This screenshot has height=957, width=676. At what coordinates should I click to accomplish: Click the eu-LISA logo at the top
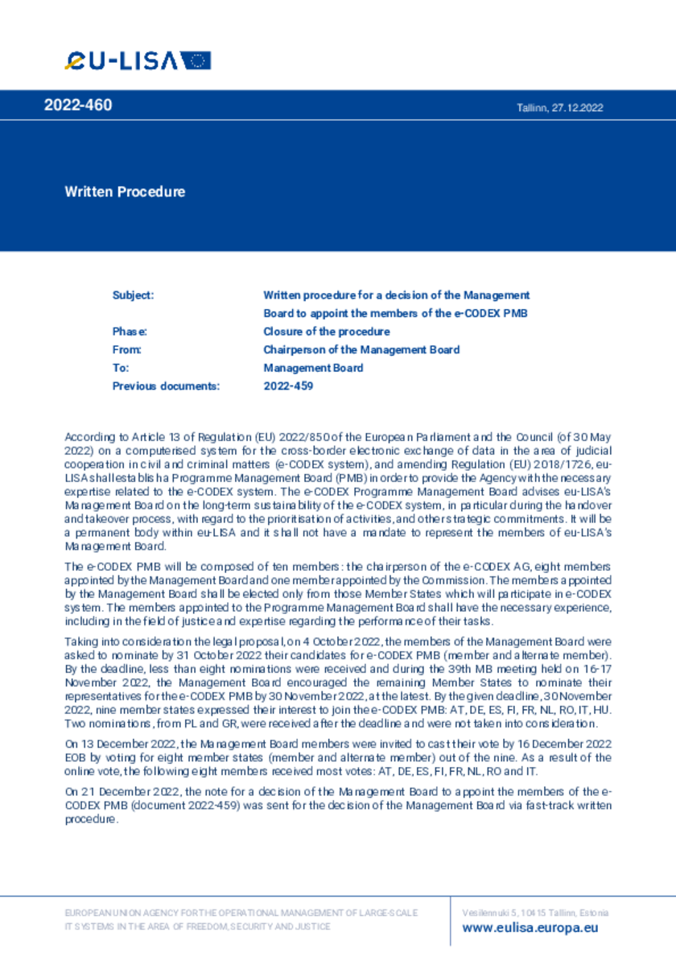coord(138,60)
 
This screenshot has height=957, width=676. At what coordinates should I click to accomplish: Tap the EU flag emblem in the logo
coord(196,60)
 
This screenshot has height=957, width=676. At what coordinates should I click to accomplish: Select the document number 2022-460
coord(78,105)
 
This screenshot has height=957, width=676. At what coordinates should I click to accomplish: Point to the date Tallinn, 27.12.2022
coord(559,108)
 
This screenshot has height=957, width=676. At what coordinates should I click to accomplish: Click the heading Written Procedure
coord(125,192)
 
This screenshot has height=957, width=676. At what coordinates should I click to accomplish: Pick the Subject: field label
coord(133,295)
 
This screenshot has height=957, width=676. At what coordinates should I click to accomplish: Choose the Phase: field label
coord(130,332)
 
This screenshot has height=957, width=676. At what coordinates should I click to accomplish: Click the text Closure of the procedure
coord(326,332)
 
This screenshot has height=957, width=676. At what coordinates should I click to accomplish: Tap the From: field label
coord(127,349)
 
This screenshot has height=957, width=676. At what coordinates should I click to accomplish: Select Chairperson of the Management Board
coord(361,349)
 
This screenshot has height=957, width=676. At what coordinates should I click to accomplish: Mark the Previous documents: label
coord(166,386)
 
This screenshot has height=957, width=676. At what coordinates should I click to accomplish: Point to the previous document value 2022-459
coord(288,386)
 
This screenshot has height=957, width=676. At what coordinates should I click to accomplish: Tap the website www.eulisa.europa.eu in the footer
coord(530,927)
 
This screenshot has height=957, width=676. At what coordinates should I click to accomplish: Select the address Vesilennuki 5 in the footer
coord(495,913)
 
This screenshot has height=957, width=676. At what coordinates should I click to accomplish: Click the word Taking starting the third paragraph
coord(79,641)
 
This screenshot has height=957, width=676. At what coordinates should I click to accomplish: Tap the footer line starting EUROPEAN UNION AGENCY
coord(241,913)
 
